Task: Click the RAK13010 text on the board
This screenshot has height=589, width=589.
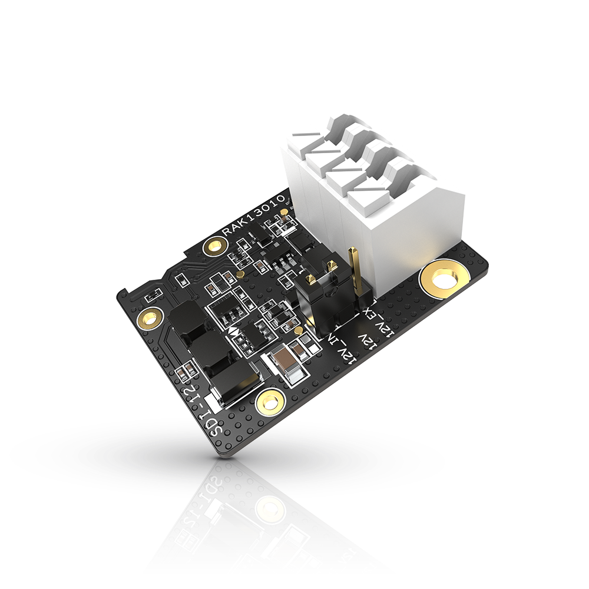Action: coord(254,216)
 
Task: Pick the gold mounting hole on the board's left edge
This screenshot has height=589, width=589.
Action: coord(148,319)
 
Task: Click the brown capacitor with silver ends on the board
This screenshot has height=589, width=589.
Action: coord(284,361)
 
